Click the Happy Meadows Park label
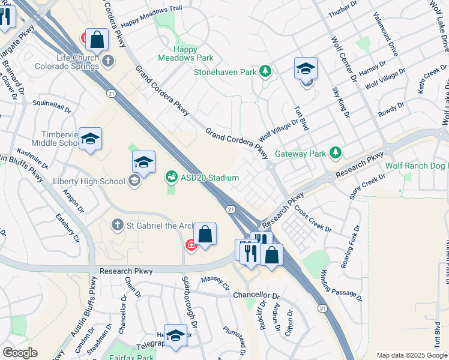185,53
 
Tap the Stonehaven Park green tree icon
265,72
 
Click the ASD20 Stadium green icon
171,177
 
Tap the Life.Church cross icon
108,60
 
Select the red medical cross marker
191,245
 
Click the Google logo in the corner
20,352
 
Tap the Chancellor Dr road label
256,296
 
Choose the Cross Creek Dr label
313,220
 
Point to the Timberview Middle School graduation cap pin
91,139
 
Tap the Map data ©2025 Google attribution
412,355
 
